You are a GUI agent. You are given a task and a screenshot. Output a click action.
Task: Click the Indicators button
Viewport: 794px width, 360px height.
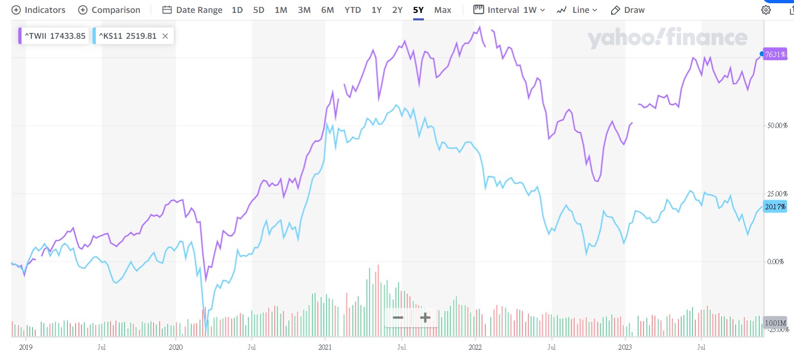38,10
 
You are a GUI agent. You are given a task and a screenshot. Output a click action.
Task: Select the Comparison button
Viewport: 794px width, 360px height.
109,10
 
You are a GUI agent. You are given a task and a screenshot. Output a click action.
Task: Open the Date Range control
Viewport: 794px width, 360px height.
192,10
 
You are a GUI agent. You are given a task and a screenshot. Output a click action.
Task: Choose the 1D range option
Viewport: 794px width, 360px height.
237,10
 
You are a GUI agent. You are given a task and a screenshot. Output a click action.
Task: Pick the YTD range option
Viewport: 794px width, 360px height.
353,10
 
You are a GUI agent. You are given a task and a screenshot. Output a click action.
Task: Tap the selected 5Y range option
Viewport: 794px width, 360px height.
419,10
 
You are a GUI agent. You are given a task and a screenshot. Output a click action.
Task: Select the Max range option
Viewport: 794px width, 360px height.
443,10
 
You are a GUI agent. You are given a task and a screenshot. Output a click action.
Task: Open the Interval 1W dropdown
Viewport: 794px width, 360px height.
509,10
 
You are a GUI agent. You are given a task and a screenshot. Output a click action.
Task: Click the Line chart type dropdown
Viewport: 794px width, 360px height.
577,10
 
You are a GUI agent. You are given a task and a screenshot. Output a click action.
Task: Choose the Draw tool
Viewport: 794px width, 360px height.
628,10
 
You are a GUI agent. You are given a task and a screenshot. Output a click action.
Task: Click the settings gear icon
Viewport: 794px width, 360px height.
765,10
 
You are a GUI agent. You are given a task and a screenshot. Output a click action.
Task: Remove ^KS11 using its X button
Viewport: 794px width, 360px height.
165,36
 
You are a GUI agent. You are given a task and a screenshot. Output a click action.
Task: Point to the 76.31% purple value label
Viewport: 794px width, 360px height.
776,54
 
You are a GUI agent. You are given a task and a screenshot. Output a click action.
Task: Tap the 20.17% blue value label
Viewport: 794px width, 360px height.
775,207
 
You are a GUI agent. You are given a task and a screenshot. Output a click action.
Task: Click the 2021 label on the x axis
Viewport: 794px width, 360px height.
324,348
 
